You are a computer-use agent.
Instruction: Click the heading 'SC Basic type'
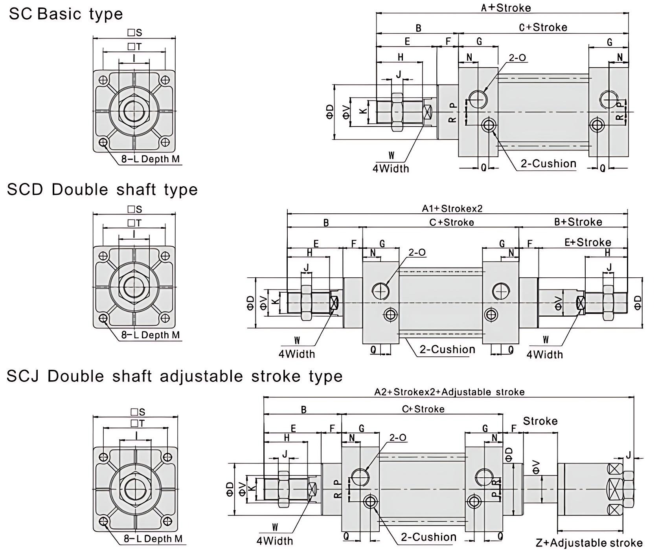click(x=66, y=14)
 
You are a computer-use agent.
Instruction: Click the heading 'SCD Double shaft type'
click(x=102, y=190)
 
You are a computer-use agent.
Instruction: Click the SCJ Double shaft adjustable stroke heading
click(x=175, y=376)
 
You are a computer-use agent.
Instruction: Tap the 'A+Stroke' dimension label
click(x=506, y=7)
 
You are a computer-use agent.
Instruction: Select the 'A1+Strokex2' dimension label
click(x=452, y=208)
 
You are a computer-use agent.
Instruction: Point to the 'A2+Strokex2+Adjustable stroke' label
click(x=449, y=392)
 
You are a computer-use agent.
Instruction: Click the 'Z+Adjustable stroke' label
click(x=589, y=543)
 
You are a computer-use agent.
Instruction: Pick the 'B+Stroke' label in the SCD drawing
click(x=578, y=222)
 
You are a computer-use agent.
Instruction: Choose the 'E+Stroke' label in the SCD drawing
click(x=588, y=242)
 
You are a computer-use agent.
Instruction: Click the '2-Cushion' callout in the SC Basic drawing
click(x=548, y=163)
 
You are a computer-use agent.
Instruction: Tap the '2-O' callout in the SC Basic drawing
click(x=517, y=58)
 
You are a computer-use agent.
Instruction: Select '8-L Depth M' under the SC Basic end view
click(x=151, y=159)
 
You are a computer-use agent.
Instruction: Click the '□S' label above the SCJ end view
click(x=138, y=411)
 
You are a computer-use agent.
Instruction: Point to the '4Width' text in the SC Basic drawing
click(x=391, y=169)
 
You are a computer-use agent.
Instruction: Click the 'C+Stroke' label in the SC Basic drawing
click(x=543, y=27)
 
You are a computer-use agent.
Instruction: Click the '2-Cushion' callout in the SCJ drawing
click(x=428, y=537)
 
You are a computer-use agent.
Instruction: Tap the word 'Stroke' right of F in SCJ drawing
click(x=540, y=421)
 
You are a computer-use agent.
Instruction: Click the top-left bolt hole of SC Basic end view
click(x=103, y=80)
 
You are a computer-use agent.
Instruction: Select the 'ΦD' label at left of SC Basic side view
click(x=330, y=111)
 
